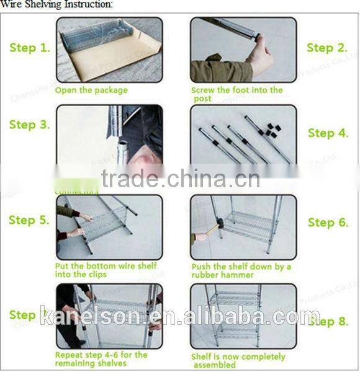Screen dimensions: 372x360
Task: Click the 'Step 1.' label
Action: pos(29,48)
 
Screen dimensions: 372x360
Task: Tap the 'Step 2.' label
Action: pos(327,48)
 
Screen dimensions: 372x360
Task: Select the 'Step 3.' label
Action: pos(29,125)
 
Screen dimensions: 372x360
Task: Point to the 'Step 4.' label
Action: pos(328,133)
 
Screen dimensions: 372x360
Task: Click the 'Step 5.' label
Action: pos(29,220)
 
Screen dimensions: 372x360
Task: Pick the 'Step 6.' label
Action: pos(328,223)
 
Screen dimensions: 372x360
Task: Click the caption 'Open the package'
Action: pos(91,91)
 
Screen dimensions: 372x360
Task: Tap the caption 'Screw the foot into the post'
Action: pos(236,94)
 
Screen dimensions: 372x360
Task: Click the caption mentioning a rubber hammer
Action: pos(241,270)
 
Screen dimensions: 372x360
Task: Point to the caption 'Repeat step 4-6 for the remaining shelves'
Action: pos(101,359)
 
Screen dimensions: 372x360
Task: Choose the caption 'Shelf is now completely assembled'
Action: pos(238,361)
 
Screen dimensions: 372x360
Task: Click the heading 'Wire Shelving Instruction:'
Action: pos(57,4)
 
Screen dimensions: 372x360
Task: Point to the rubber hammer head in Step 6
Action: pos(220,224)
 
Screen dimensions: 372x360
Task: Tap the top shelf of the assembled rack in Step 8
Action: pos(234,298)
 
